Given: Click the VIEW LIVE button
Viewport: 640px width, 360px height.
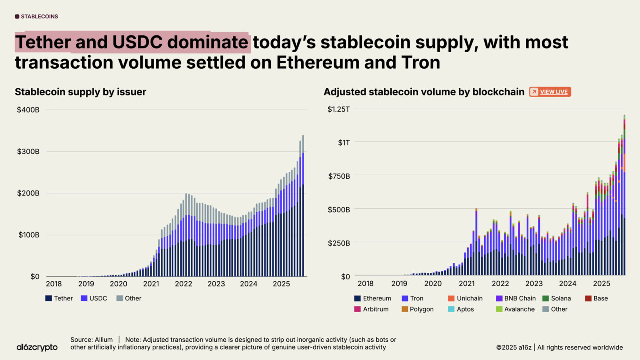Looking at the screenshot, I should (550, 92).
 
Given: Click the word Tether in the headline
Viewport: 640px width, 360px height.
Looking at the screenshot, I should (43, 42).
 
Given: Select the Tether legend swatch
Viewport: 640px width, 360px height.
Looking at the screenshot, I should (49, 298).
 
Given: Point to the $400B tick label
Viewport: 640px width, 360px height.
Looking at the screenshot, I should (28, 110).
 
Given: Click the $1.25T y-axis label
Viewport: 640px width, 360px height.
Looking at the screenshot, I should (338, 109).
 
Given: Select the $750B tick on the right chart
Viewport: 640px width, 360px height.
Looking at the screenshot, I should (339, 176).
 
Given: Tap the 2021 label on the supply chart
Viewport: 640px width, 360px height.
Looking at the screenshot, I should (151, 284).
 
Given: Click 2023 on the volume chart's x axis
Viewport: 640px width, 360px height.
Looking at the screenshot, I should (534, 283).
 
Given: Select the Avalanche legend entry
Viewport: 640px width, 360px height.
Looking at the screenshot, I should (515, 309).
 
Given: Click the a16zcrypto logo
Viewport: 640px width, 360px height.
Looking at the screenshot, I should (37, 347).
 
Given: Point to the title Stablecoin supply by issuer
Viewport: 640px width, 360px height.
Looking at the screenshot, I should (80, 92).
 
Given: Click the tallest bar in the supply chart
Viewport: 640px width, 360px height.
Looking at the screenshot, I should (303, 208).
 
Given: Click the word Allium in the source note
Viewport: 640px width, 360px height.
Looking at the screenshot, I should (104, 340).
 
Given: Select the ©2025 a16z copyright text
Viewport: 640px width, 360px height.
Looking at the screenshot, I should (514, 347).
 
